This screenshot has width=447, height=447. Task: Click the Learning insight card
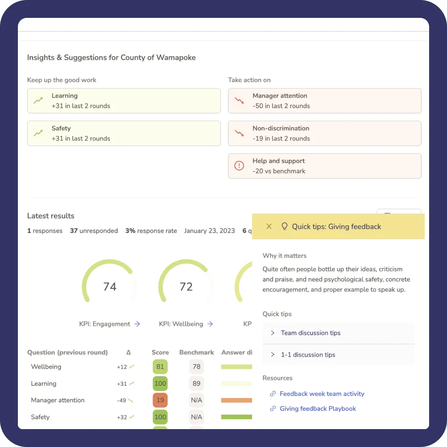click(x=124, y=101)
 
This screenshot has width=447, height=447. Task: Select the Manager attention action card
click(x=325, y=101)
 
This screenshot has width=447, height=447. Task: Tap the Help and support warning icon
click(x=239, y=166)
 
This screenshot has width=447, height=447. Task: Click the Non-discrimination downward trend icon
click(x=239, y=133)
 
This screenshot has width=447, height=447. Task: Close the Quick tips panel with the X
click(x=269, y=226)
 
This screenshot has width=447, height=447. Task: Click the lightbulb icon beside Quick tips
click(x=284, y=226)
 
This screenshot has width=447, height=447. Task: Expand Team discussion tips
click(x=311, y=333)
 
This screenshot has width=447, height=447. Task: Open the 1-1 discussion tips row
click(x=308, y=355)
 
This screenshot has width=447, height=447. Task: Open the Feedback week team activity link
click(x=322, y=394)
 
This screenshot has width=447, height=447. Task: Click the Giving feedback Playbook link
click(x=318, y=409)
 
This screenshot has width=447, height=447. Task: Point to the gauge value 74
click(x=110, y=287)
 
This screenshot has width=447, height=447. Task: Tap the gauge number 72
click(x=186, y=287)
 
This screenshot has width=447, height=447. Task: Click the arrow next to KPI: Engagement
click(x=137, y=324)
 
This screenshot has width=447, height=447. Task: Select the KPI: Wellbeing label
click(x=181, y=324)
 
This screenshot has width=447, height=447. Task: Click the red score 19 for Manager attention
click(x=160, y=400)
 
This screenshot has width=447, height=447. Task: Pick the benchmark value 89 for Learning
click(x=196, y=384)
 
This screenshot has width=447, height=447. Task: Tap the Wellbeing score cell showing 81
click(x=160, y=367)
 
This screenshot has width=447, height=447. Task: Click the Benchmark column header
click(x=197, y=352)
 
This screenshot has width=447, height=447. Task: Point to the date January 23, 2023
click(x=209, y=231)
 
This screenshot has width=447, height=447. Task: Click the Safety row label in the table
click(x=40, y=417)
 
